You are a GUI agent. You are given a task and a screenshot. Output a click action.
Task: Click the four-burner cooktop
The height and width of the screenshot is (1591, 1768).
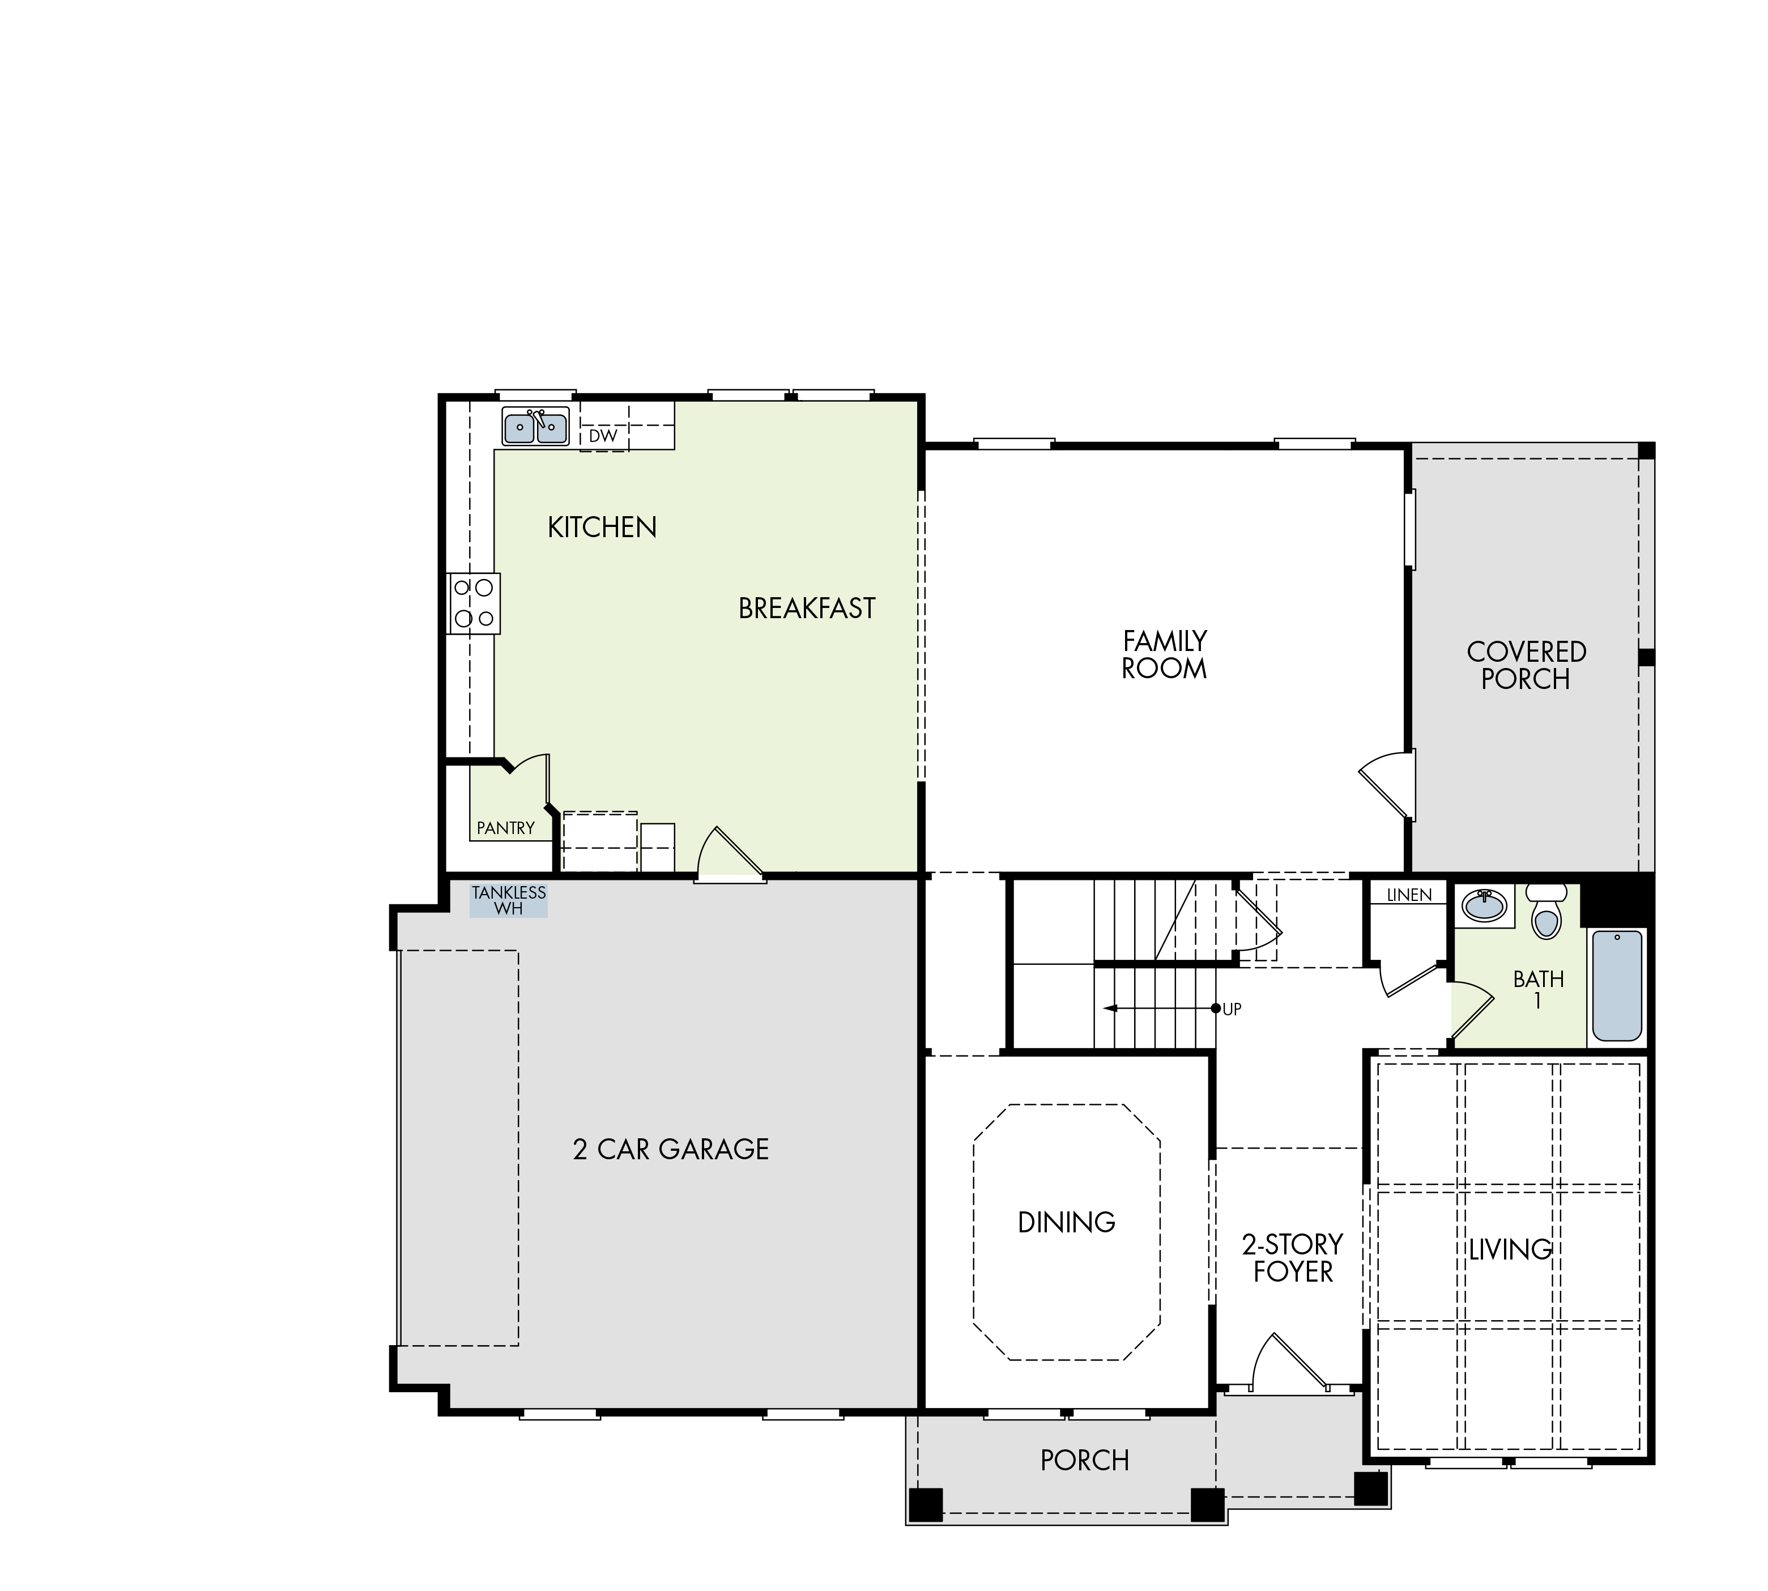tap(474, 603)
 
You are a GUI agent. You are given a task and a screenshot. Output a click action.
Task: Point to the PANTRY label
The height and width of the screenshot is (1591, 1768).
tap(505, 828)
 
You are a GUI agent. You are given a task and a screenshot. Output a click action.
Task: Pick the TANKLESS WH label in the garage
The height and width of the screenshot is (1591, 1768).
tap(509, 900)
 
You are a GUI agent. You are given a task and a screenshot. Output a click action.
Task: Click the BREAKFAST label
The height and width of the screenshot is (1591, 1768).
tap(807, 609)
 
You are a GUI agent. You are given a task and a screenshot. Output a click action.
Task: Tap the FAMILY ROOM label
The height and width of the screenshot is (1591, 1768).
tap(1164, 655)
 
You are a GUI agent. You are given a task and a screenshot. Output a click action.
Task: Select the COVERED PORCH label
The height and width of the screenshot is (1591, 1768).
tap(1526, 665)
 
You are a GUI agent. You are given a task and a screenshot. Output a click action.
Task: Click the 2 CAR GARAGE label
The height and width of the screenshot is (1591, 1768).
tap(670, 1148)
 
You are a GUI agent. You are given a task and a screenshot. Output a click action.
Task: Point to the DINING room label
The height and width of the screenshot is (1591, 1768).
tap(1066, 1222)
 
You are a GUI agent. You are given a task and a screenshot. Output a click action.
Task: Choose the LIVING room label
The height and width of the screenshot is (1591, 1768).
tap(1509, 1249)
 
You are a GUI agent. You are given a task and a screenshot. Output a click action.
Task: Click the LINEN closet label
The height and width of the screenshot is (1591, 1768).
tap(1409, 895)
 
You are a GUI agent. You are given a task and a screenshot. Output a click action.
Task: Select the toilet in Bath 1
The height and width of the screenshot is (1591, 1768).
tap(1546, 911)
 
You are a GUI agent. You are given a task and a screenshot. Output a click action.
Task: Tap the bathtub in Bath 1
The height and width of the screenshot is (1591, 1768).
tap(1617, 985)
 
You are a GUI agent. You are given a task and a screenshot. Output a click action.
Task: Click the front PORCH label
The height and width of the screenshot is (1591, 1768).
tap(1085, 1461)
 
